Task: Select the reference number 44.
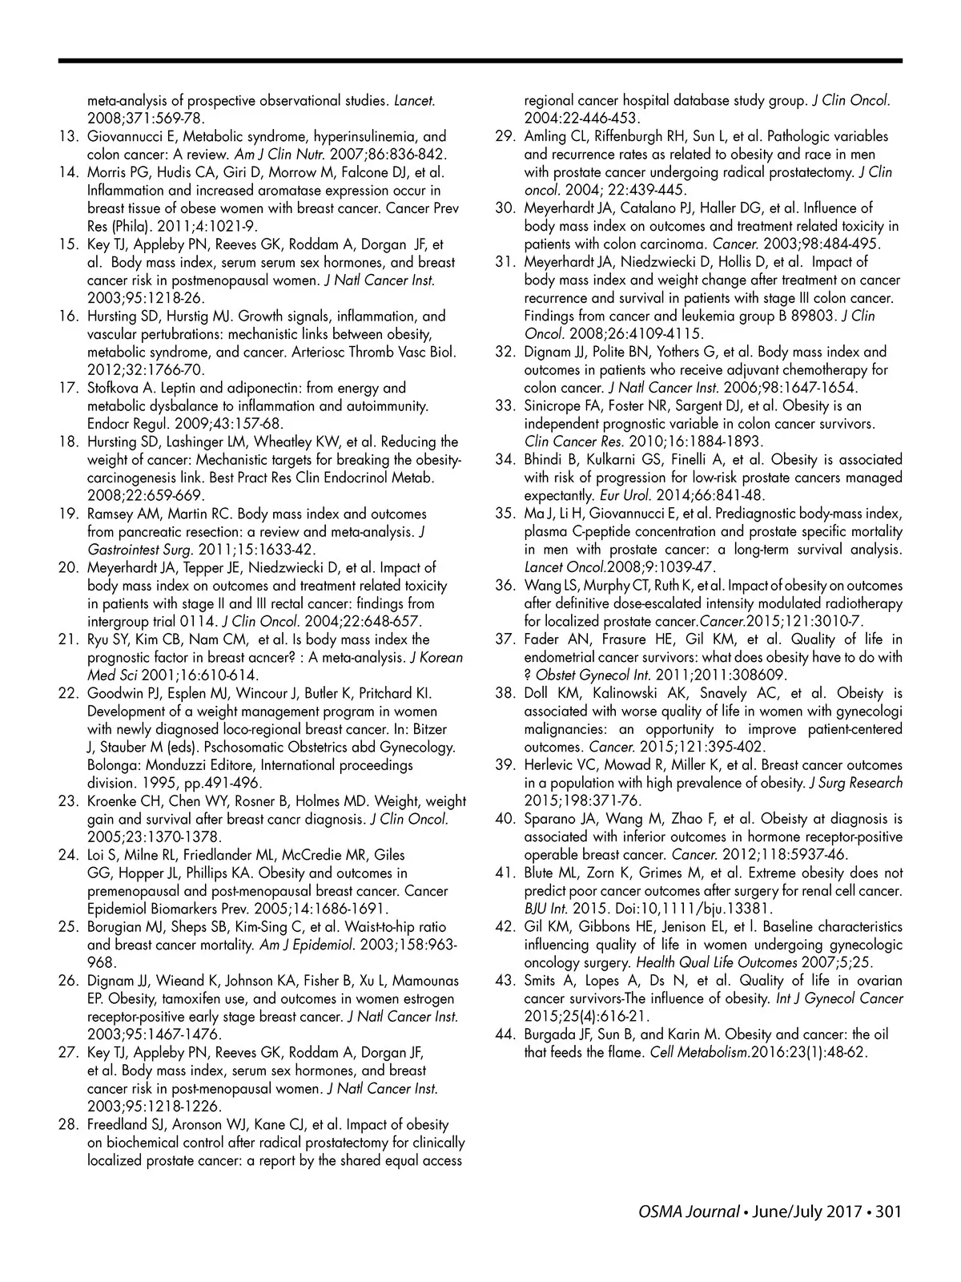coord(505,1034)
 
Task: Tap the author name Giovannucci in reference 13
coord(127,137)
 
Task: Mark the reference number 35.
coord(505,514)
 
